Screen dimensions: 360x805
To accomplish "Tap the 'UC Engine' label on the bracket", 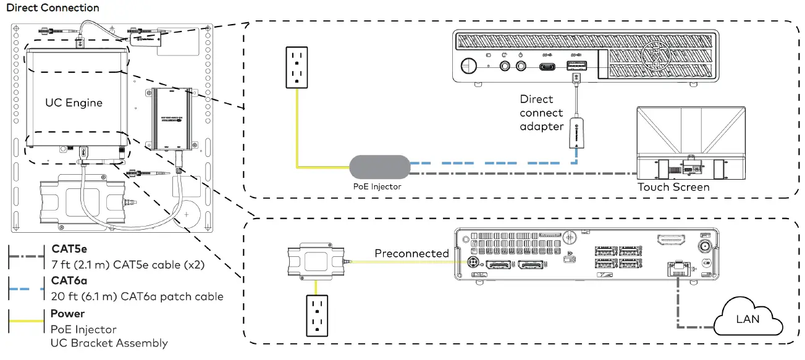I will (x=74, y=103).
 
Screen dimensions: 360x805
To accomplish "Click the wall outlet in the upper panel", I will (x=297, y=66).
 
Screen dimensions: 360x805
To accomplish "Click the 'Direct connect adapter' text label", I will (x=541, y=112).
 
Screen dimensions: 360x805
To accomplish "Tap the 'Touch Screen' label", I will (x=673, y=187).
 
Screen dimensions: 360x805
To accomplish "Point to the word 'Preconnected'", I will (x=411, y=254).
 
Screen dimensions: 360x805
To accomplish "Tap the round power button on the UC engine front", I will (x=469, y=64).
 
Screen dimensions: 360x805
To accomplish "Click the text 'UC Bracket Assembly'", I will (x=109, y=343).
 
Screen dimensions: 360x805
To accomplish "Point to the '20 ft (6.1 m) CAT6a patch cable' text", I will (x=137, y=296).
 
